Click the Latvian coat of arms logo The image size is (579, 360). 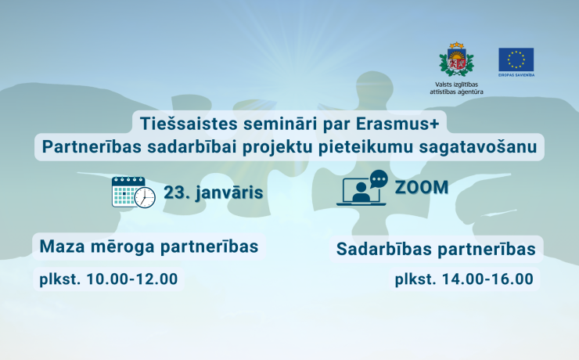tap(456, 60)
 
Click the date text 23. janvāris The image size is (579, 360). tap(213, 192)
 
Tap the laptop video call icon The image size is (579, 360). tap(361, 190)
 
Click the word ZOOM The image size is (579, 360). tap(422, 188)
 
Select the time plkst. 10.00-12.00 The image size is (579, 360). tap(109, 278)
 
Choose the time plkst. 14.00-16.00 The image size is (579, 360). tap(463, 279)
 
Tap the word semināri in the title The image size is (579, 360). tap(257, 123)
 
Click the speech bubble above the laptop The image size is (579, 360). tap(378, 178)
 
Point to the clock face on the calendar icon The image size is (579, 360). tap(145, 198)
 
